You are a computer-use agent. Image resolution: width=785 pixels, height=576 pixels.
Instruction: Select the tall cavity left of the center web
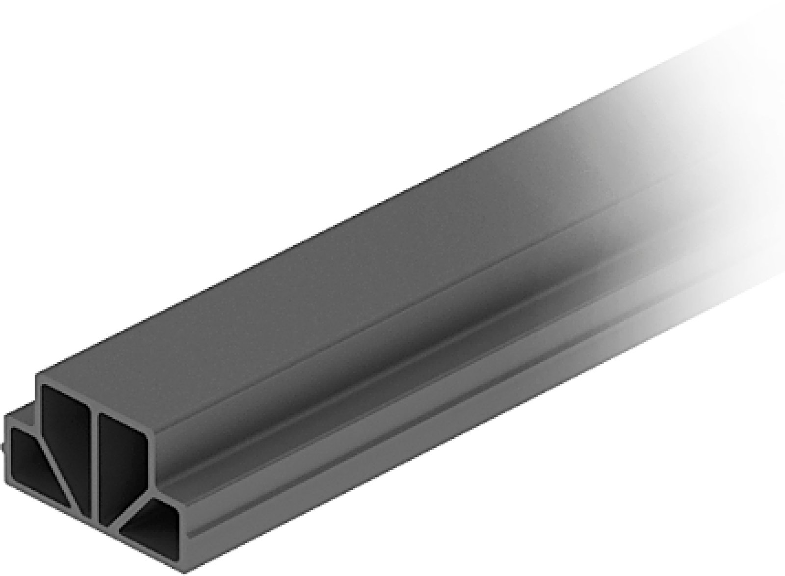tap(64, 431)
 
